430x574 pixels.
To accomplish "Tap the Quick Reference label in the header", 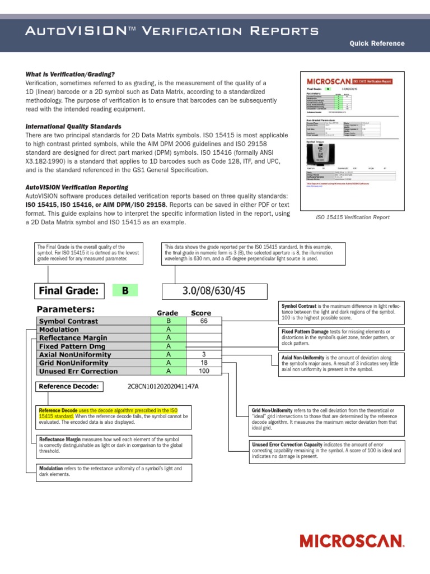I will tap(377, 44).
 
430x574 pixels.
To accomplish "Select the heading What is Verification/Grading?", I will tap(70, 75).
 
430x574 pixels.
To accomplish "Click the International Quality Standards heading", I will tap(73, 127).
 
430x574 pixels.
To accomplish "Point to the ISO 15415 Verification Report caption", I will tap(345, 217).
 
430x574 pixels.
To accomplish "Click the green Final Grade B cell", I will tap(125, 290).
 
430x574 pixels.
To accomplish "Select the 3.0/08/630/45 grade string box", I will tap(215, 291).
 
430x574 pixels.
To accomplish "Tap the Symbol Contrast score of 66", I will tap(204, 321).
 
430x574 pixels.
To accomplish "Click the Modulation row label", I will tap(59, 330).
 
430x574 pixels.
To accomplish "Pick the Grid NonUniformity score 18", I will tap(204, 363).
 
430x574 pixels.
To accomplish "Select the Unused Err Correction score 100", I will tap(204, 371).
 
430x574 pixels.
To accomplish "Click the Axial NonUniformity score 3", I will tap(204, 354).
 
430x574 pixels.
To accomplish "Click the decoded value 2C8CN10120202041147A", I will tap(163, 387).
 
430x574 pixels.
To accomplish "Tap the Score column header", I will tap(201, 313).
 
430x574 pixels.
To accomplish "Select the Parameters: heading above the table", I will tap(66, 309).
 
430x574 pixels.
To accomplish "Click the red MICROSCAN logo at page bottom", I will tap(352, 541).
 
